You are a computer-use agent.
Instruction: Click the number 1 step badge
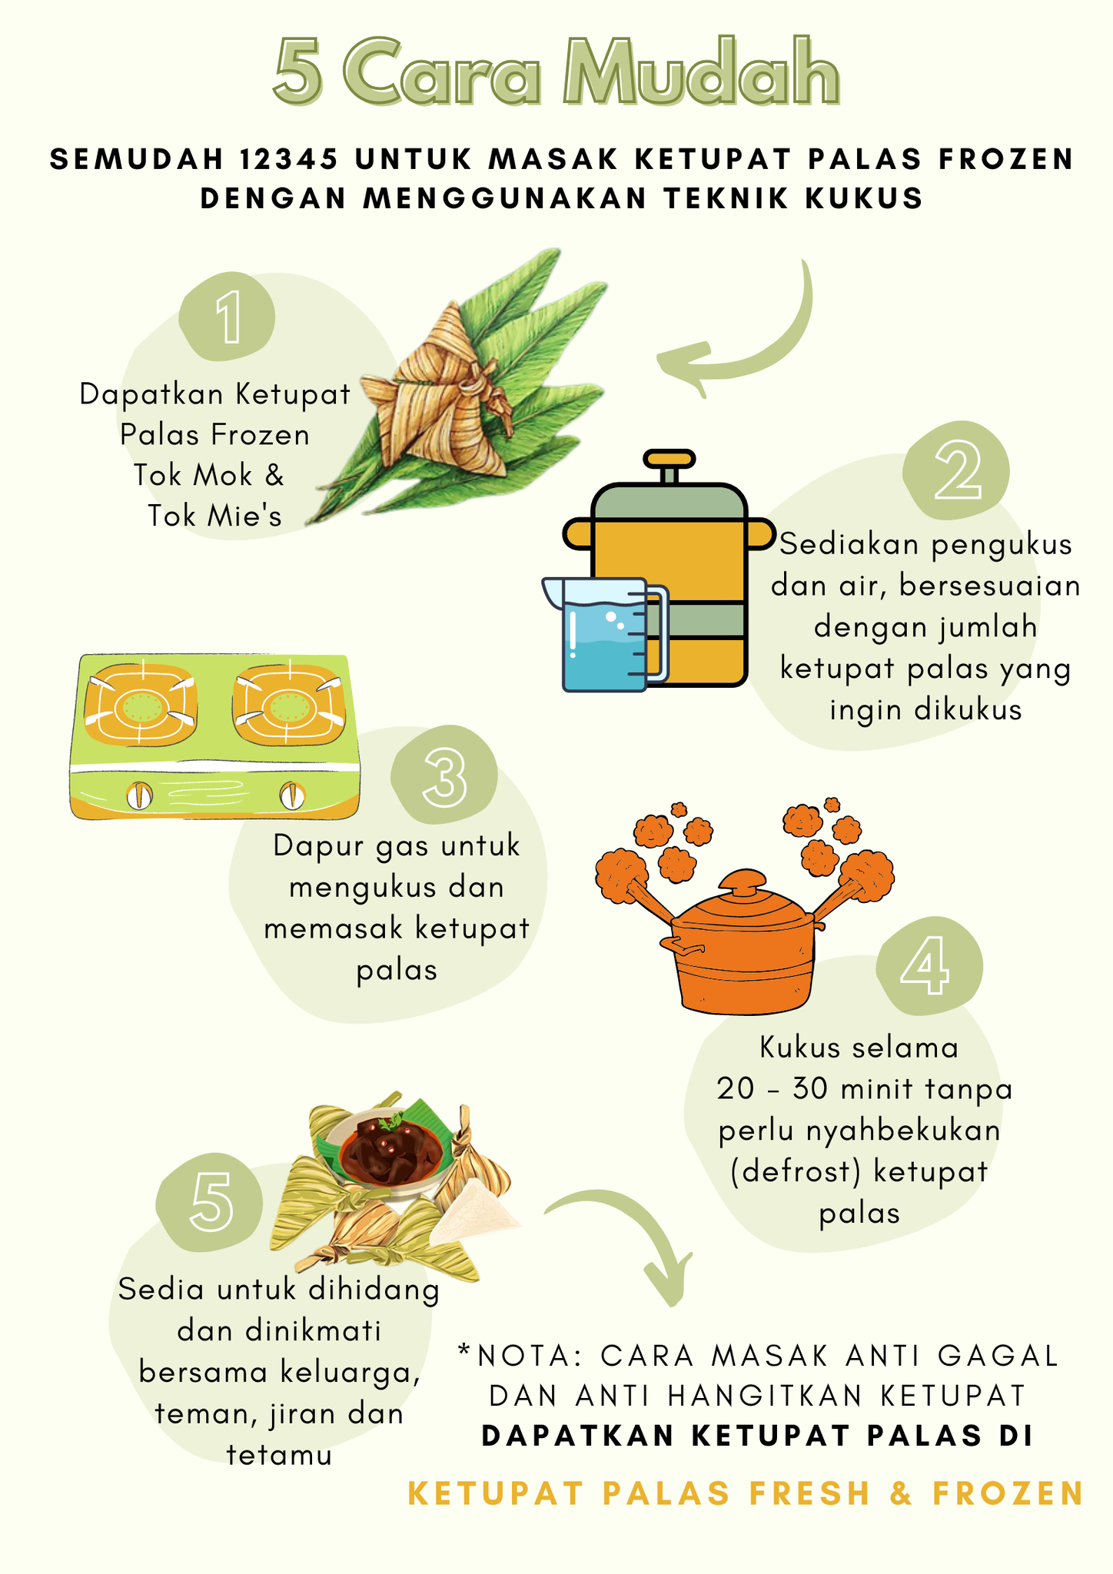pyautogui.click(x=227, y=317)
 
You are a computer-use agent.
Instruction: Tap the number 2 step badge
pyautogui.click(x=956, y=470)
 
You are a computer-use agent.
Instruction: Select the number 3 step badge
pyautogui.click(x=444, y=775)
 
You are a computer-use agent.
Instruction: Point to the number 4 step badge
pyautogui.click(x=929, y=966)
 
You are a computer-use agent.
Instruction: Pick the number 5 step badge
pyautogui.click(x=209, y=1203)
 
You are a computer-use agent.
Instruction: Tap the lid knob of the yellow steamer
pyautogui.click(x=669, y=460)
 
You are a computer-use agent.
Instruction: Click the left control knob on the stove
pyautogui.click(x=139, y=795)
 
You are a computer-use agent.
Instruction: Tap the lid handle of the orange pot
pyautogui.click(x=743, y=882)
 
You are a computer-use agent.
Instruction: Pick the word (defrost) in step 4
pyautogui.click(x=793, y=1172)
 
